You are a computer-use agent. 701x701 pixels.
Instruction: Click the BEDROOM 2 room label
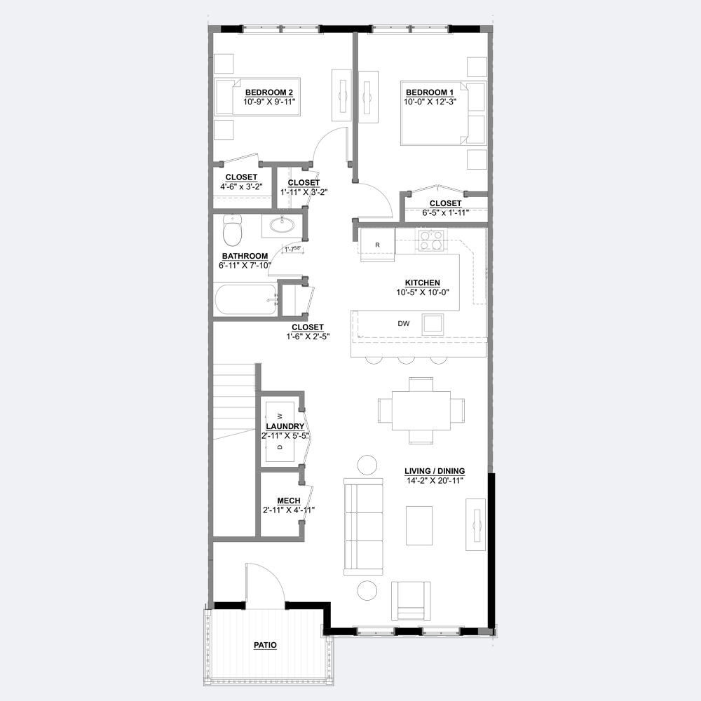click(x=268, y=93)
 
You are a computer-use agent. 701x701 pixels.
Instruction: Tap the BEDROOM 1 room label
click(x=429, y=93)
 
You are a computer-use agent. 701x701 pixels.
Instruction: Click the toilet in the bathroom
click(x=232, y=230)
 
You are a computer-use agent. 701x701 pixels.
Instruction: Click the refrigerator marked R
click(x=378, y=244)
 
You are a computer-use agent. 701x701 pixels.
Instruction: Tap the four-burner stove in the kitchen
click(x=431, y=240)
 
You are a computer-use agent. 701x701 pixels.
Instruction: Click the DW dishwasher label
click(x=403, y=324)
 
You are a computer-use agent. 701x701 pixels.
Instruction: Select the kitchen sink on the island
click(x=433, y=324)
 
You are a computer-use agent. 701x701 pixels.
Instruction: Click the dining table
click(x=421, y=410)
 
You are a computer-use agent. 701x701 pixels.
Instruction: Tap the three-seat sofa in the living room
click(x=363, y=526)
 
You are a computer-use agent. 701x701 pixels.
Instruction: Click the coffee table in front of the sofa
click(x=419, y=525)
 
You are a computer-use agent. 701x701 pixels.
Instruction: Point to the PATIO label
click(x=265, y=645)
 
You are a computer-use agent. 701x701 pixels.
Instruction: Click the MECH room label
click(x=288, y=501)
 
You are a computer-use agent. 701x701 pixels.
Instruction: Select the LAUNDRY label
click(x=285, y=426)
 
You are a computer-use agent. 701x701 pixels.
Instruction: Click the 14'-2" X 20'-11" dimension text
click(x=435, y=481)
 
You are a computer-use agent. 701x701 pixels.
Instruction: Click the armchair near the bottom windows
click(x=411, y=601)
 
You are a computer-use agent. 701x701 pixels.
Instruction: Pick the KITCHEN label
click(x=423, y=283)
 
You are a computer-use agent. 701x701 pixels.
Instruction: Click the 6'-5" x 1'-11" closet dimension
click(x=445, y=213)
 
